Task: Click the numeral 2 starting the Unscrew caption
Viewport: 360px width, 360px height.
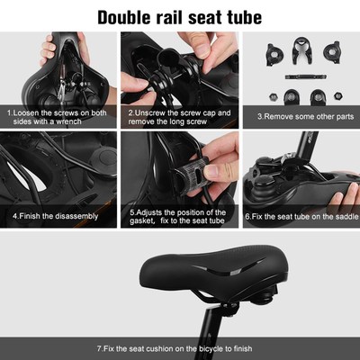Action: click(130, 112)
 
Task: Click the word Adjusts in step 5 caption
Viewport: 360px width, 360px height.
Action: click(155, 212)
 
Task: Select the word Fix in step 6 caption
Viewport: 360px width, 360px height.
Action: click(256, 216)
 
